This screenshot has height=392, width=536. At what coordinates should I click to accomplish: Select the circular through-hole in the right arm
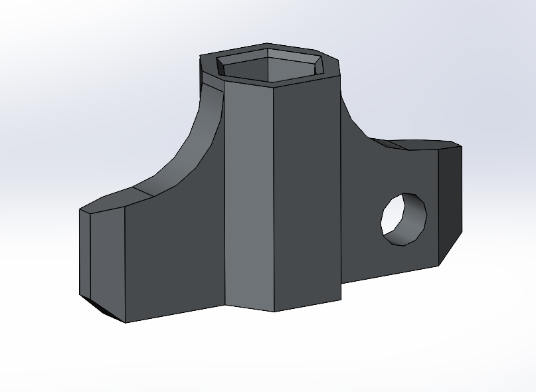click(x=403, y=219)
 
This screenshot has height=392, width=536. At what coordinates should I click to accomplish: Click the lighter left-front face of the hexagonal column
click(x=249, y=193)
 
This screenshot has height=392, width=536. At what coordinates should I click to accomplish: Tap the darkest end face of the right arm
click(x=450, y=199)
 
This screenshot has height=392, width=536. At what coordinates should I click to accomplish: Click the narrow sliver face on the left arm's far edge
click(x=84, y=252)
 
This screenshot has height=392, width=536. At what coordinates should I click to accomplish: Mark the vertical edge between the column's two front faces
click(x=274, y=199)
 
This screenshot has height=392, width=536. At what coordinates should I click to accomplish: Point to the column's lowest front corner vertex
click(x=274, y=311)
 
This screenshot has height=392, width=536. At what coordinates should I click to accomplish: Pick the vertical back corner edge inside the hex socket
click(x=268, y=63)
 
